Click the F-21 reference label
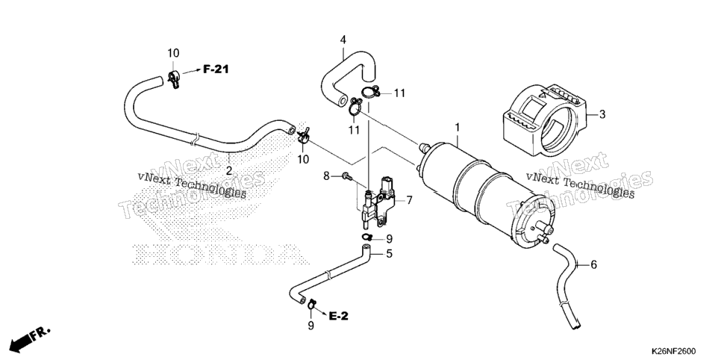click(x=216, y=69)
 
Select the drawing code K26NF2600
click(x=672, y=350)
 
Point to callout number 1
click(x=457, y=126)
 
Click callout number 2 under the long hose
click(x=228, y=171)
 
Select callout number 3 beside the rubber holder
click(x=602, y=114)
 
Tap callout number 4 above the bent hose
click(x=343, y=40)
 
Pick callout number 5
click(x=389, y=254)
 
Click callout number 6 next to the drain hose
click(x=593, y=264)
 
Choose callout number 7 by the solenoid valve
click(x=409, y=200)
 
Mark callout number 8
click(x=326, y=176)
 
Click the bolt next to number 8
click(x=346, y=176)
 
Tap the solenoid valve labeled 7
click(x=379, y=202)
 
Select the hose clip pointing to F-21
click(x=174, y=79)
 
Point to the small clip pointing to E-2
click(x=311, y=303)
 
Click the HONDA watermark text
click(x=221, y=254)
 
